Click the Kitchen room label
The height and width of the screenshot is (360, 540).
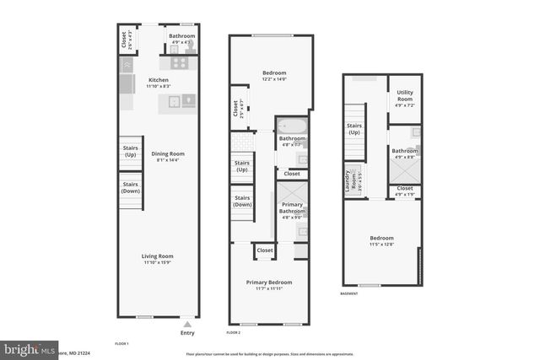point(159,83)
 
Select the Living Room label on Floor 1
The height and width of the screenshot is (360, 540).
point(158,259)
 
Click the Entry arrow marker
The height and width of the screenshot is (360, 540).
point(187,323)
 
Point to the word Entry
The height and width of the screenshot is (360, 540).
point(187,332)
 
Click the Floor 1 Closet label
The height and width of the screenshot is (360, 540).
point(126,40)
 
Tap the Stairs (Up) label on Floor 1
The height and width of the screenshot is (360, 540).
point(130,152)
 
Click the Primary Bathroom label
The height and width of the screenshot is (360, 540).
point(292,208)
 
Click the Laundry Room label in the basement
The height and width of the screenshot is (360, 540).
point(348,181)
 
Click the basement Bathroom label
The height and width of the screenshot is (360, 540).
point(404,153)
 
